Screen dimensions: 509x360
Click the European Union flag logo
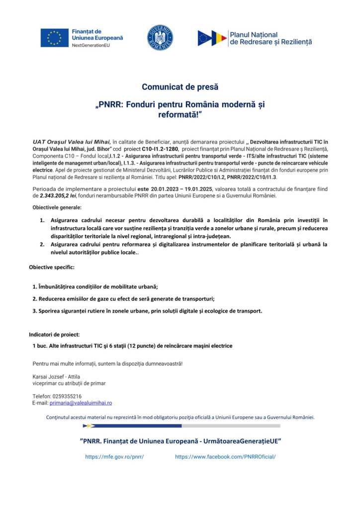point(54,38)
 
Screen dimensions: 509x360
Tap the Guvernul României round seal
point(160,38)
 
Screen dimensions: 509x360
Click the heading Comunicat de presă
point(180,87)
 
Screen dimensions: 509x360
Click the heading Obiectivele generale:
point(57,207)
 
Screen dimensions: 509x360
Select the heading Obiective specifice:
point(52,267)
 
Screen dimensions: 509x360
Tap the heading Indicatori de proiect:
point(54,335)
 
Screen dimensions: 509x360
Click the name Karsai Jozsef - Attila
point(56,376)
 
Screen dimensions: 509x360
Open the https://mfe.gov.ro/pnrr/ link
point(114,456)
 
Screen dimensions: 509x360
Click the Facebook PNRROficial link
point(225,456)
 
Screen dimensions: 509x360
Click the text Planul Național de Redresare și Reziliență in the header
point(270,38)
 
